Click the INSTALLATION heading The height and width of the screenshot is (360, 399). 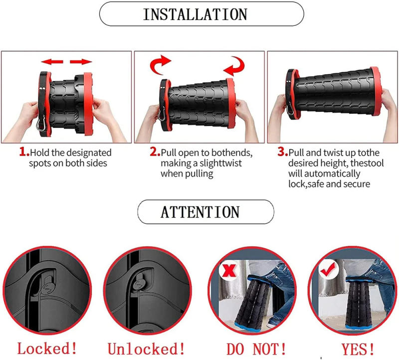point(201,14)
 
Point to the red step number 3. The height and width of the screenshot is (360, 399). point(282,152)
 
